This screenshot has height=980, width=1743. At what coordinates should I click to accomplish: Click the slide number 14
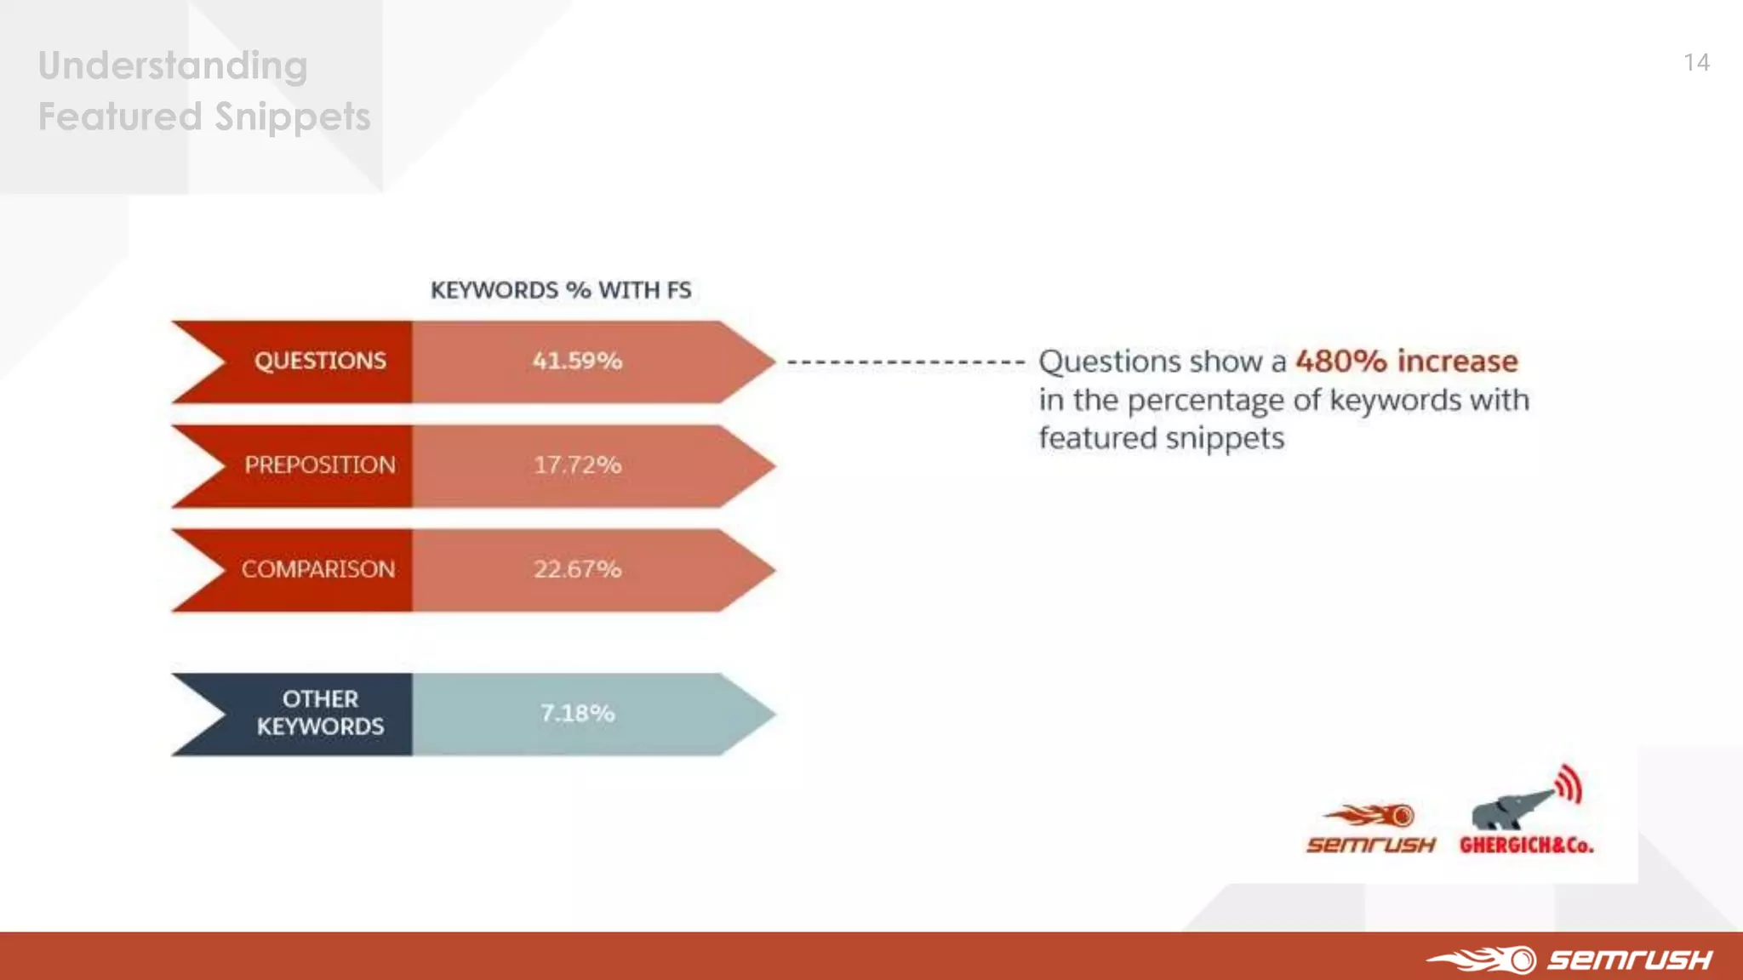(1696, 62)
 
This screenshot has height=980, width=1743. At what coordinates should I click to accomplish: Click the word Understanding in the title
(173, 66)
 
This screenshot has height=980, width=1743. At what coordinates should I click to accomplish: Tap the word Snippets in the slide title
(293, 117)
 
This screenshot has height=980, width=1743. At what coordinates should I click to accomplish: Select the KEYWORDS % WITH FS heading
(560, 290)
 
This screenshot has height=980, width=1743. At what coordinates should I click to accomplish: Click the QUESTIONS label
(320, 361)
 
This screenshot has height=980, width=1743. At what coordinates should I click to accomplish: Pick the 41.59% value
(577, 361)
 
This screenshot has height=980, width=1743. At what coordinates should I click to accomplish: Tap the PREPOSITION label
(320, 465)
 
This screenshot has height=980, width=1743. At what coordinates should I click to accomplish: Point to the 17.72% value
(577, 465)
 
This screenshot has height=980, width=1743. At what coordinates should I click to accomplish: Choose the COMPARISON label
(318, 569)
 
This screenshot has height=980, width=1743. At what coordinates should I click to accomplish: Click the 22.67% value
(577, 569)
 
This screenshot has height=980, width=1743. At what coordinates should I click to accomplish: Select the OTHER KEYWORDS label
(320, 713)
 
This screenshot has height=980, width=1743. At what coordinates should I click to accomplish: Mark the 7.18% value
(577, 713)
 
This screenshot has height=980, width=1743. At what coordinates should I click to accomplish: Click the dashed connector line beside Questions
(906, 362)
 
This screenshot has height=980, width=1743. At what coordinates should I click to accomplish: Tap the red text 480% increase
(1406, 361)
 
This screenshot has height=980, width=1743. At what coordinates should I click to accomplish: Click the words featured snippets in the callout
(1161, 439)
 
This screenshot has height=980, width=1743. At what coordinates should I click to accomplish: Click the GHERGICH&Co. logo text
(1526, 846)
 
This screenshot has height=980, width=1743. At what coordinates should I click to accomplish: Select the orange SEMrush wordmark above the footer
(1370, 845)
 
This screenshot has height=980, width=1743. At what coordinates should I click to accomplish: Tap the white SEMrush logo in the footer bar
(1570, 960)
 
